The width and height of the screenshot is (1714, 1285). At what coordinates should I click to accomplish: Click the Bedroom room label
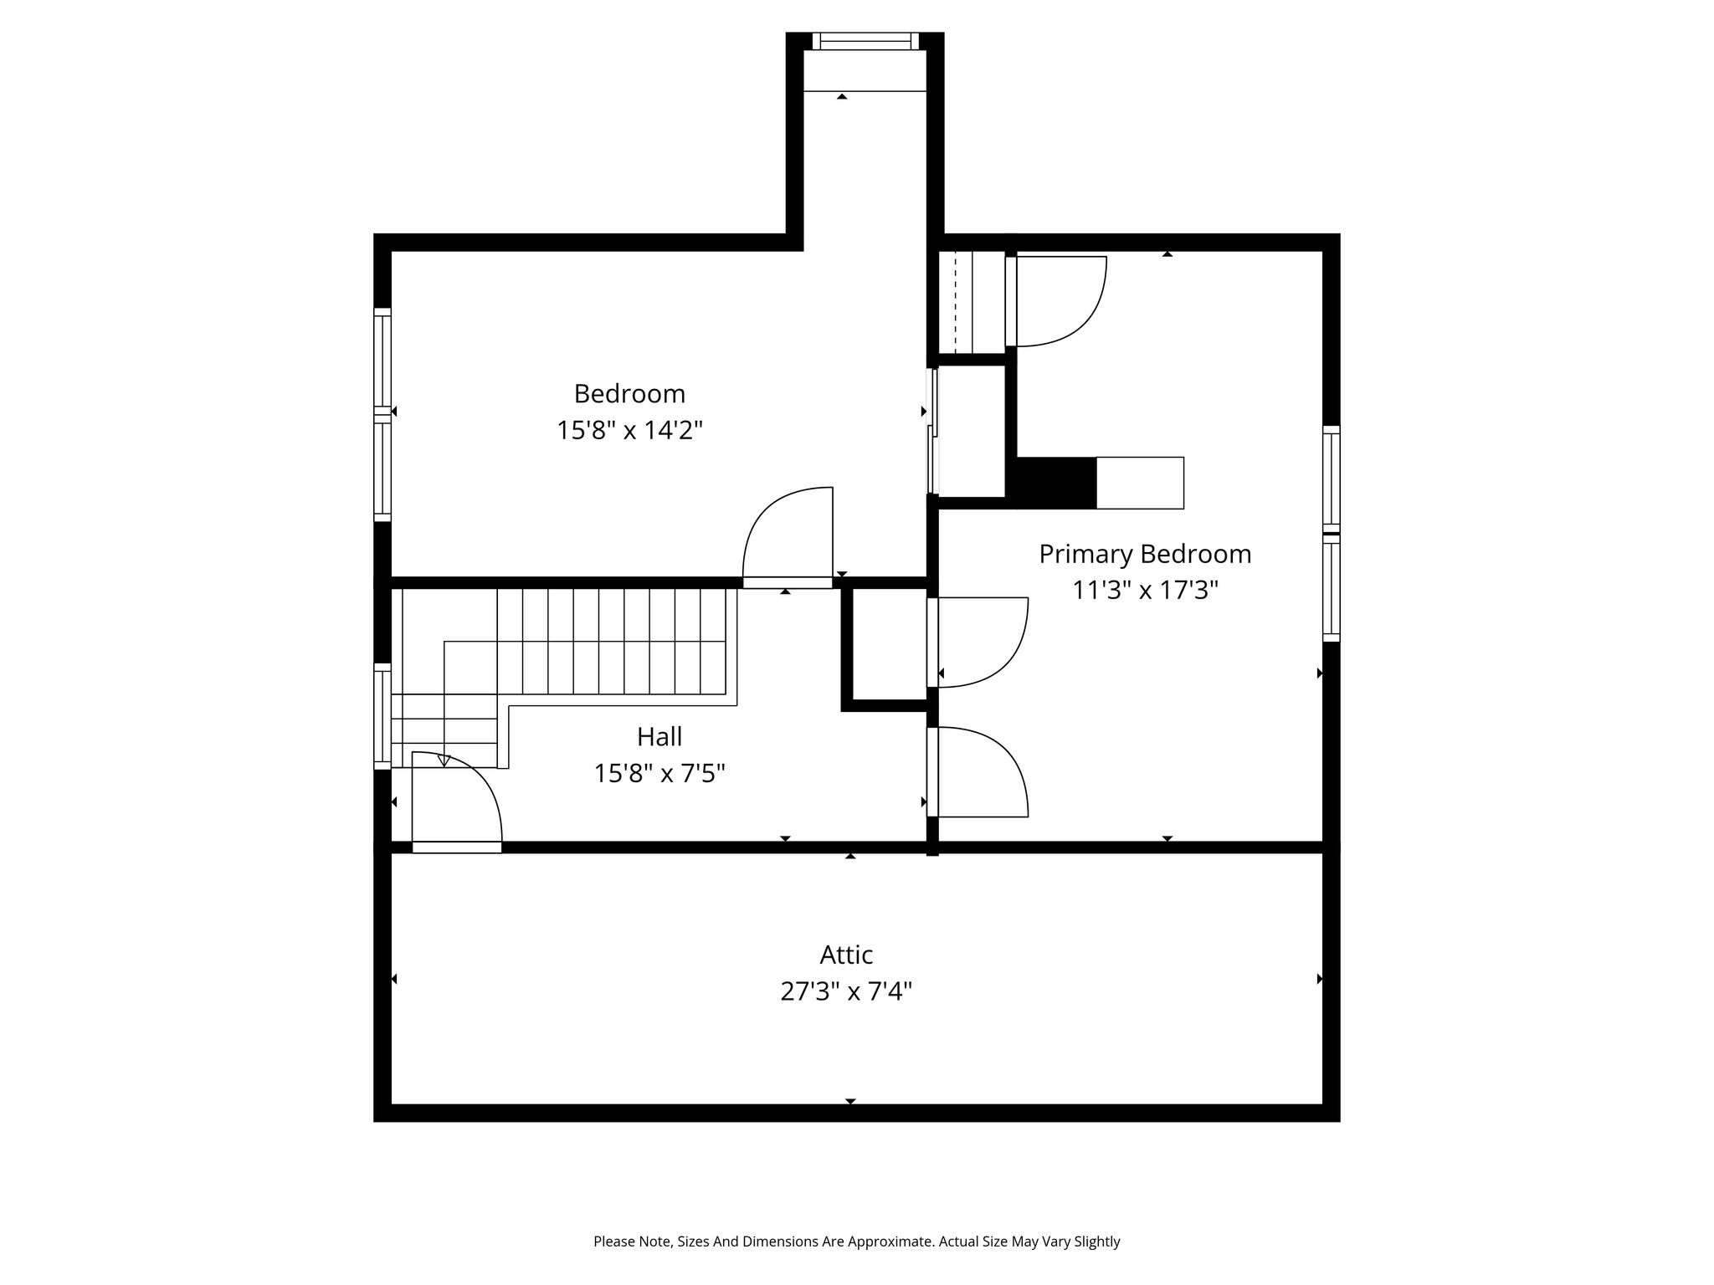pos(629,393)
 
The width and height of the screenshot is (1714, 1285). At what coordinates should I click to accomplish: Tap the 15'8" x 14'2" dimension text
pos(629,431)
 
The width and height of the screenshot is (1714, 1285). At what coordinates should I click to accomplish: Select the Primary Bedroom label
pos(1145,554)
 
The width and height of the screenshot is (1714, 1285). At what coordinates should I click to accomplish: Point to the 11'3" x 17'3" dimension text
pos(1145,591)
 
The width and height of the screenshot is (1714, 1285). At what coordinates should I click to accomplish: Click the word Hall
pos(659,736)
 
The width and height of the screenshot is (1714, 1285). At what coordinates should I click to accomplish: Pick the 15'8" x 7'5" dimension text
pos(659,773)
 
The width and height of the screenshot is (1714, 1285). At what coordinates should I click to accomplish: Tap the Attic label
pos(846,955)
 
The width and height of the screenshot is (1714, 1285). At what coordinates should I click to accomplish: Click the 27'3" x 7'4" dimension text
pos(846,992)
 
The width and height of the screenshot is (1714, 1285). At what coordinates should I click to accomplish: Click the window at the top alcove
pos(865,41)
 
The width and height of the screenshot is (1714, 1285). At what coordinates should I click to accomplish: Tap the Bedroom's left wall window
pos(382,415)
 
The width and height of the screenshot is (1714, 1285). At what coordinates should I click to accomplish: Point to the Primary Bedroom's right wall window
pos(1332,534)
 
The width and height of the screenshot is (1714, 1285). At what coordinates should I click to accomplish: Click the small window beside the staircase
pos(382,716)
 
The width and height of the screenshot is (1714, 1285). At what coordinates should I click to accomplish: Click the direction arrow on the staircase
pos(444,760)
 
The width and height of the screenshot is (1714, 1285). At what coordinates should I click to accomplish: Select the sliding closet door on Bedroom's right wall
pos(932,431)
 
